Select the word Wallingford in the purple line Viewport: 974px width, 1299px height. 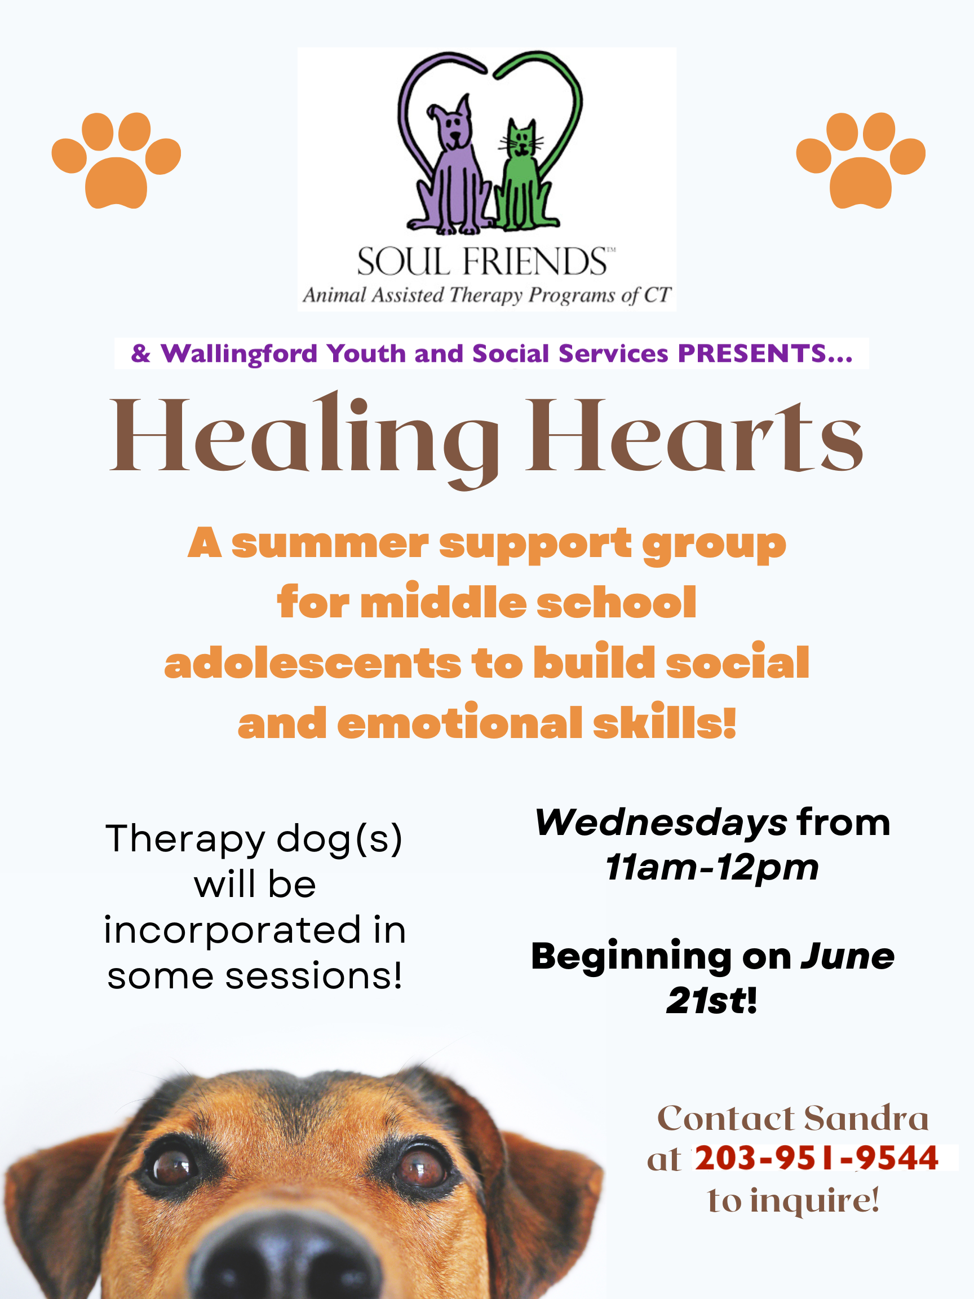[x=239, y=354]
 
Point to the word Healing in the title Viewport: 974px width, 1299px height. [x=306, y=439]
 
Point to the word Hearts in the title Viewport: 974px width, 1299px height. [x=694, y=436]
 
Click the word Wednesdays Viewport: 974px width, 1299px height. [x=661, y=823]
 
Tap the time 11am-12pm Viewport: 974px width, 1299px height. [x=711, y=867]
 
